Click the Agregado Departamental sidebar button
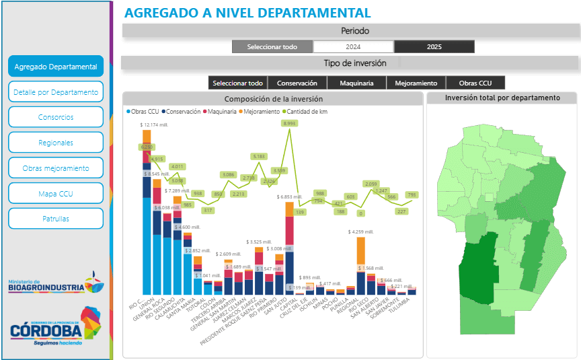pyautogui.click(x=56, y=67)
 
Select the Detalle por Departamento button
pyautogui.click(x=56, y=92)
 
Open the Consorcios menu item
pyautogui.click(x=56, y=117)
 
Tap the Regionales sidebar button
pyautogui.click(x=56, y=143)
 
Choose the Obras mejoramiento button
pyautogui.click(x=56, y=168)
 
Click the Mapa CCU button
pyautogui.click(x=56, y=193)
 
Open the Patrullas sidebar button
pyautogui.click(x=56, y=219)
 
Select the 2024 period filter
pyautogui.click(x=353, y=47)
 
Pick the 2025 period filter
pyautogui.click(x=434, y=47)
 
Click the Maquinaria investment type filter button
pyautogui.click(x=357, y=83)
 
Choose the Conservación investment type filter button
pyautogui.click(x=297, y=83)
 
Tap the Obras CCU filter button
pyautogui.click(x=475, y=83)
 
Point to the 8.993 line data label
pyautogui.click(x=290, y=124)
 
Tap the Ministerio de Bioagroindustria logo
pyautogui.click(x=56, y=285)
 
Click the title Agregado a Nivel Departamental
pyautogui.click(x=247, y=12)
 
